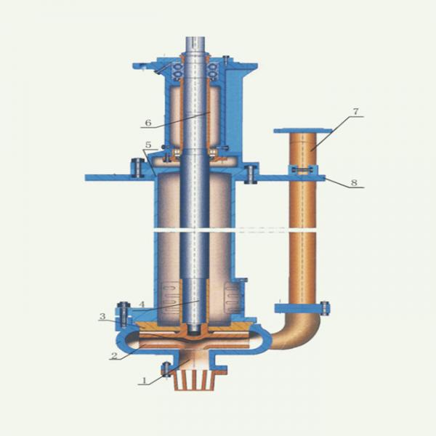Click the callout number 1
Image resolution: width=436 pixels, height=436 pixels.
(x=145, y=380)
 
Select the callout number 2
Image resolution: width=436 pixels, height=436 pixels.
(x=114, y=355)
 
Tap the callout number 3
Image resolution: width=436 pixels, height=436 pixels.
(x=102, y=316)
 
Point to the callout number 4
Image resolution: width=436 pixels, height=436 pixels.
(x=142, y=304)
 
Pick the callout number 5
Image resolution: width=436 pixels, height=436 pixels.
(x=148, y=145)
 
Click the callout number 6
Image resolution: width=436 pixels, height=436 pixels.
(x=148, y=123)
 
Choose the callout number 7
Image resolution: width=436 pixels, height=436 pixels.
(x=355, y=112)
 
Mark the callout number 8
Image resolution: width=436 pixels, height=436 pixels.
(x=354, y=182)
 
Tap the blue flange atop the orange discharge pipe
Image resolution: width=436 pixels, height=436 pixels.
(x=303, y=130)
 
